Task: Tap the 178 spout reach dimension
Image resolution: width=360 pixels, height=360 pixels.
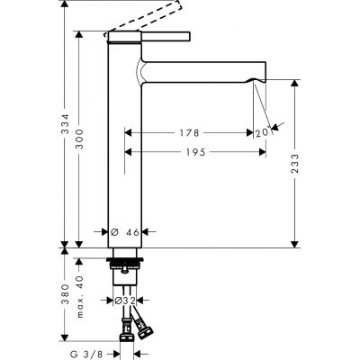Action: (x=188, y=133)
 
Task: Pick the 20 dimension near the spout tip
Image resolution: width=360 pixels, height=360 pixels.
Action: (x=262, y=134)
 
